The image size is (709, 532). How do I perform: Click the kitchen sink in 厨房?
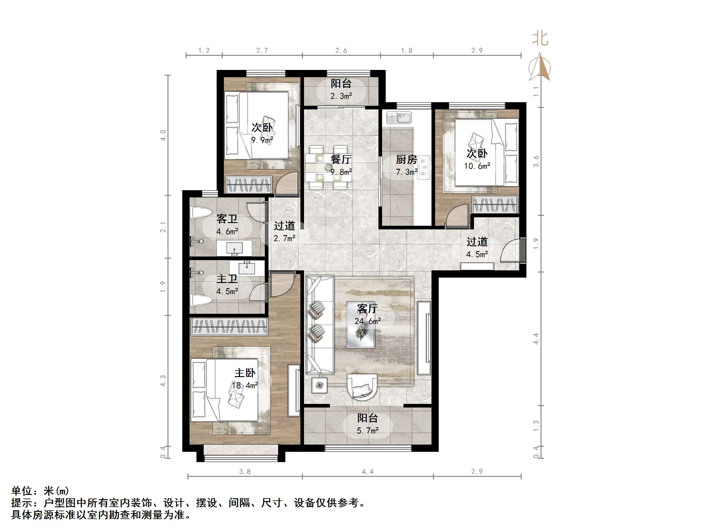[x=399, y=118]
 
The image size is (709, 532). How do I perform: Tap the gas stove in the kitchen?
[x=424, y=167]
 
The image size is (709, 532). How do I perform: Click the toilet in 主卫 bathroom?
[x=201, y=301]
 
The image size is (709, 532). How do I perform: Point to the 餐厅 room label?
[x=341, y=159]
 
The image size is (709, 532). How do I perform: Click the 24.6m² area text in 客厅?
[x=367, y=321]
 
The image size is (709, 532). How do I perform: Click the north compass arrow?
[x=540, y=67]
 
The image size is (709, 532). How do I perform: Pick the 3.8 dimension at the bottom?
[x=245, y=471]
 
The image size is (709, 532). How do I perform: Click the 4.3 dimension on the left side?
[x=163, y=381]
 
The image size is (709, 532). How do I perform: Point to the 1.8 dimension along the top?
[x=406, y=50]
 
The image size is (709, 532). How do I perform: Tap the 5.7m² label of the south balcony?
[x=367, y=430]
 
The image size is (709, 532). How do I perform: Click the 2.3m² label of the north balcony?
[x=341, y=96]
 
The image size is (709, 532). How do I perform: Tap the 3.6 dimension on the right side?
[x=536, y=161]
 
